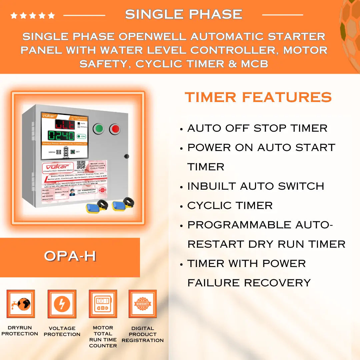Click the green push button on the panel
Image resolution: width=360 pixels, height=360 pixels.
tap(98, 129)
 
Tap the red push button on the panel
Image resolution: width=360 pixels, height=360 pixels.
tap(115, 129)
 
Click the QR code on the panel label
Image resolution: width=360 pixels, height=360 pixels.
tap(81, 165)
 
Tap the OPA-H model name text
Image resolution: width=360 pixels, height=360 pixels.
tap(70, 256)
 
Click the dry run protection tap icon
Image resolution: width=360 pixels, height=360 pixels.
tap(21, 304)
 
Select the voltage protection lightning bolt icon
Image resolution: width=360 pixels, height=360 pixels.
tap(62, 304)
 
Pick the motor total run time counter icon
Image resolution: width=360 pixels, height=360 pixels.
tap(103, 304)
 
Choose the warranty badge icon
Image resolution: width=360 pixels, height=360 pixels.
tap(143, 304)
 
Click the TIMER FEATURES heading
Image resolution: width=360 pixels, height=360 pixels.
tap(258, 97)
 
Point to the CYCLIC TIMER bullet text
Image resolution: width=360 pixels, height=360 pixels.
tap(230, 205)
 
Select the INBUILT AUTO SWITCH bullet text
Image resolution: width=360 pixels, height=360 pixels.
tap(256, 186)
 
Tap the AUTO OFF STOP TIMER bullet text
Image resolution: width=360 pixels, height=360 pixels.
tap(257, 128)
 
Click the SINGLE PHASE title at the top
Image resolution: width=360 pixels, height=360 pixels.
tap(184, 14)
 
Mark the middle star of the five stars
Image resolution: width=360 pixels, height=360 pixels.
tap(33, 15)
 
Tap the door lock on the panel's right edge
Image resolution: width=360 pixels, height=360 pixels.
tap(126, 156)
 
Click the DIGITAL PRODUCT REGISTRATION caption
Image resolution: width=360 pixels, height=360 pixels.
tap(143, 334)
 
